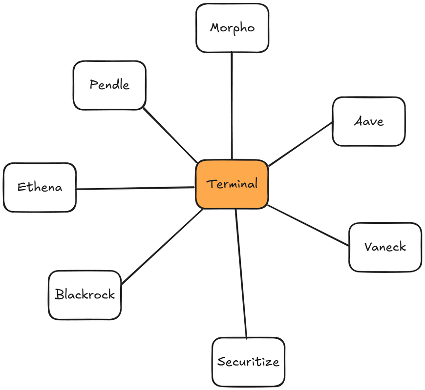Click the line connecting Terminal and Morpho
[232, 105]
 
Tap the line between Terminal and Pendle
[171, 136]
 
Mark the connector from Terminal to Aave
[300, 144]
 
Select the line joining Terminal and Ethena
[135, 188]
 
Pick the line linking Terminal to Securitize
[241, 273]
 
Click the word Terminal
[232, 185]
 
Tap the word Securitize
[248, 362]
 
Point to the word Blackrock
[85, 294]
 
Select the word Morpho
[232, 28]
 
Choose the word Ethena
[40, 187]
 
